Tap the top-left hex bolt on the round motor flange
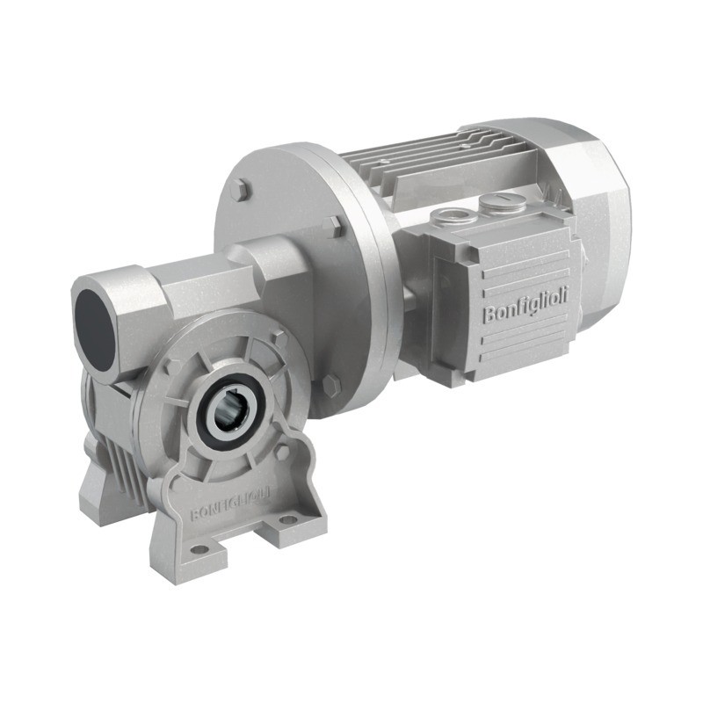point(241,191)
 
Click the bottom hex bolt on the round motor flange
point(330,384)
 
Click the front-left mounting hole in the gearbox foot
point(199,550)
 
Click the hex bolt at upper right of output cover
point(279,336)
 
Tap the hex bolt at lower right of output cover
point(282,451)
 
